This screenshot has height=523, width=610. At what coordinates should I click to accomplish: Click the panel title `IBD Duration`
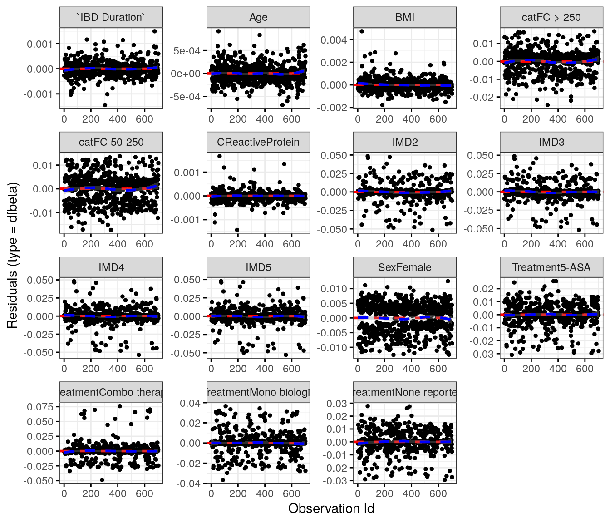pyautogui.click(x=111, y=17)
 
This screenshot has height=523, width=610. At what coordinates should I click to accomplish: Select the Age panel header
pyautogui.click(x=258, y=17)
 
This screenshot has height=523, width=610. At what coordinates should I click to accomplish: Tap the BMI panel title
pyautogui.click(x=405, y=17)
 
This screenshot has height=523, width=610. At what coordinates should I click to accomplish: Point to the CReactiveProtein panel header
pyautogui.click(x=258, y=142)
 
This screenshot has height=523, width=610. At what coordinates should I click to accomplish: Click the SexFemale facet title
pyautogui.click(x=405, y=267)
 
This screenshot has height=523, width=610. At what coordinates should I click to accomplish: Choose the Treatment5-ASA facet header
pyautogui.click(x=551, y=267)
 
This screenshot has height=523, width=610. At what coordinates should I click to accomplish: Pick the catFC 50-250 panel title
pyautogui.click(x=111, y=142)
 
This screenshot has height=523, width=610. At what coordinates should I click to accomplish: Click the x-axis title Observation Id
pyautogui.click(x=331, y=508)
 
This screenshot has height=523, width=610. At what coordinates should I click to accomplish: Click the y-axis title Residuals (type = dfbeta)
pyautogui.click(x=12, y=255)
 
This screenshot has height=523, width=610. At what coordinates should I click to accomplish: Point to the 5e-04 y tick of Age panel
pyautogui.click(x=187, y=51)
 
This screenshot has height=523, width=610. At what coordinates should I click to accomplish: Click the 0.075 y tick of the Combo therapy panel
pyautogui.click(x=40, y=407)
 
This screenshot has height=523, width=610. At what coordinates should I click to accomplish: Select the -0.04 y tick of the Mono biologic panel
pyautogui.click(x=188, y=484)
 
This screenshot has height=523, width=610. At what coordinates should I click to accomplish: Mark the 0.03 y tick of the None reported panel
pyautogui.click(x=337, y=404)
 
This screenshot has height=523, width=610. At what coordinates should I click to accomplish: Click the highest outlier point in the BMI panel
pyautogui.click(x=362, y=31)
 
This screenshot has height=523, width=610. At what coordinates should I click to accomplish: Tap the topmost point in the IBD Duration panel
pyautogui.click(x=155, y=31)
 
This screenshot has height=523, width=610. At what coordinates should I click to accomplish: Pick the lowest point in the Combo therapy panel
pyautogui.click(x=102, y=480)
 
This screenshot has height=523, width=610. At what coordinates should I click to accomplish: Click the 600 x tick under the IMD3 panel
pyautogui.click(x=585, y=244)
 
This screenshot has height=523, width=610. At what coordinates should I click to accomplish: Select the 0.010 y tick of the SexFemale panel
pyautogui.click(x=334, y=289)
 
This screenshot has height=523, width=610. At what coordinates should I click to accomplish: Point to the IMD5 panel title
pyautogui.click(x=258, y=267)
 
